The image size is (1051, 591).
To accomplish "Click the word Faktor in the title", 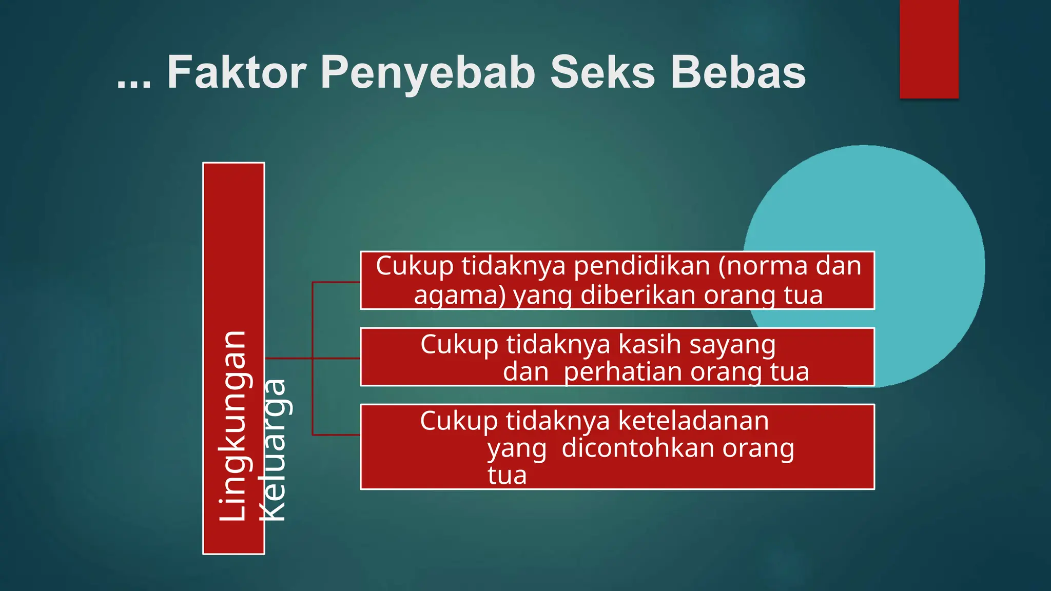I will pyautogui.click(x=237, y=73).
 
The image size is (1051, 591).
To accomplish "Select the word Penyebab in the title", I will pyautogui.click(x=429, y=73).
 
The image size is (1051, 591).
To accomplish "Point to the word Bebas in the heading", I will pyautogui.click(x=738, y=73).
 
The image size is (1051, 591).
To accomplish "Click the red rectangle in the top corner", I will pyautogui.click(x=929, y=49).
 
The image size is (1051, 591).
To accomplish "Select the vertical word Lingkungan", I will pyautogui.click(x=234, y=426).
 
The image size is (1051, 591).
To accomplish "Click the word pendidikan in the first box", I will pyautogui.click(x=641, y=266).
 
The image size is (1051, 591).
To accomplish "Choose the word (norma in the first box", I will pyautogui.click(x=750, y=266).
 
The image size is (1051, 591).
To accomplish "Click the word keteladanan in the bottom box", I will pyautogui.click(x=693, y=421).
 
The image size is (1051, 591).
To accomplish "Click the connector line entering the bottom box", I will pyautogui.click(x=336, y=435).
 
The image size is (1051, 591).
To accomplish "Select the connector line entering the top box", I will pyautogui.click(x=336, y=282).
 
